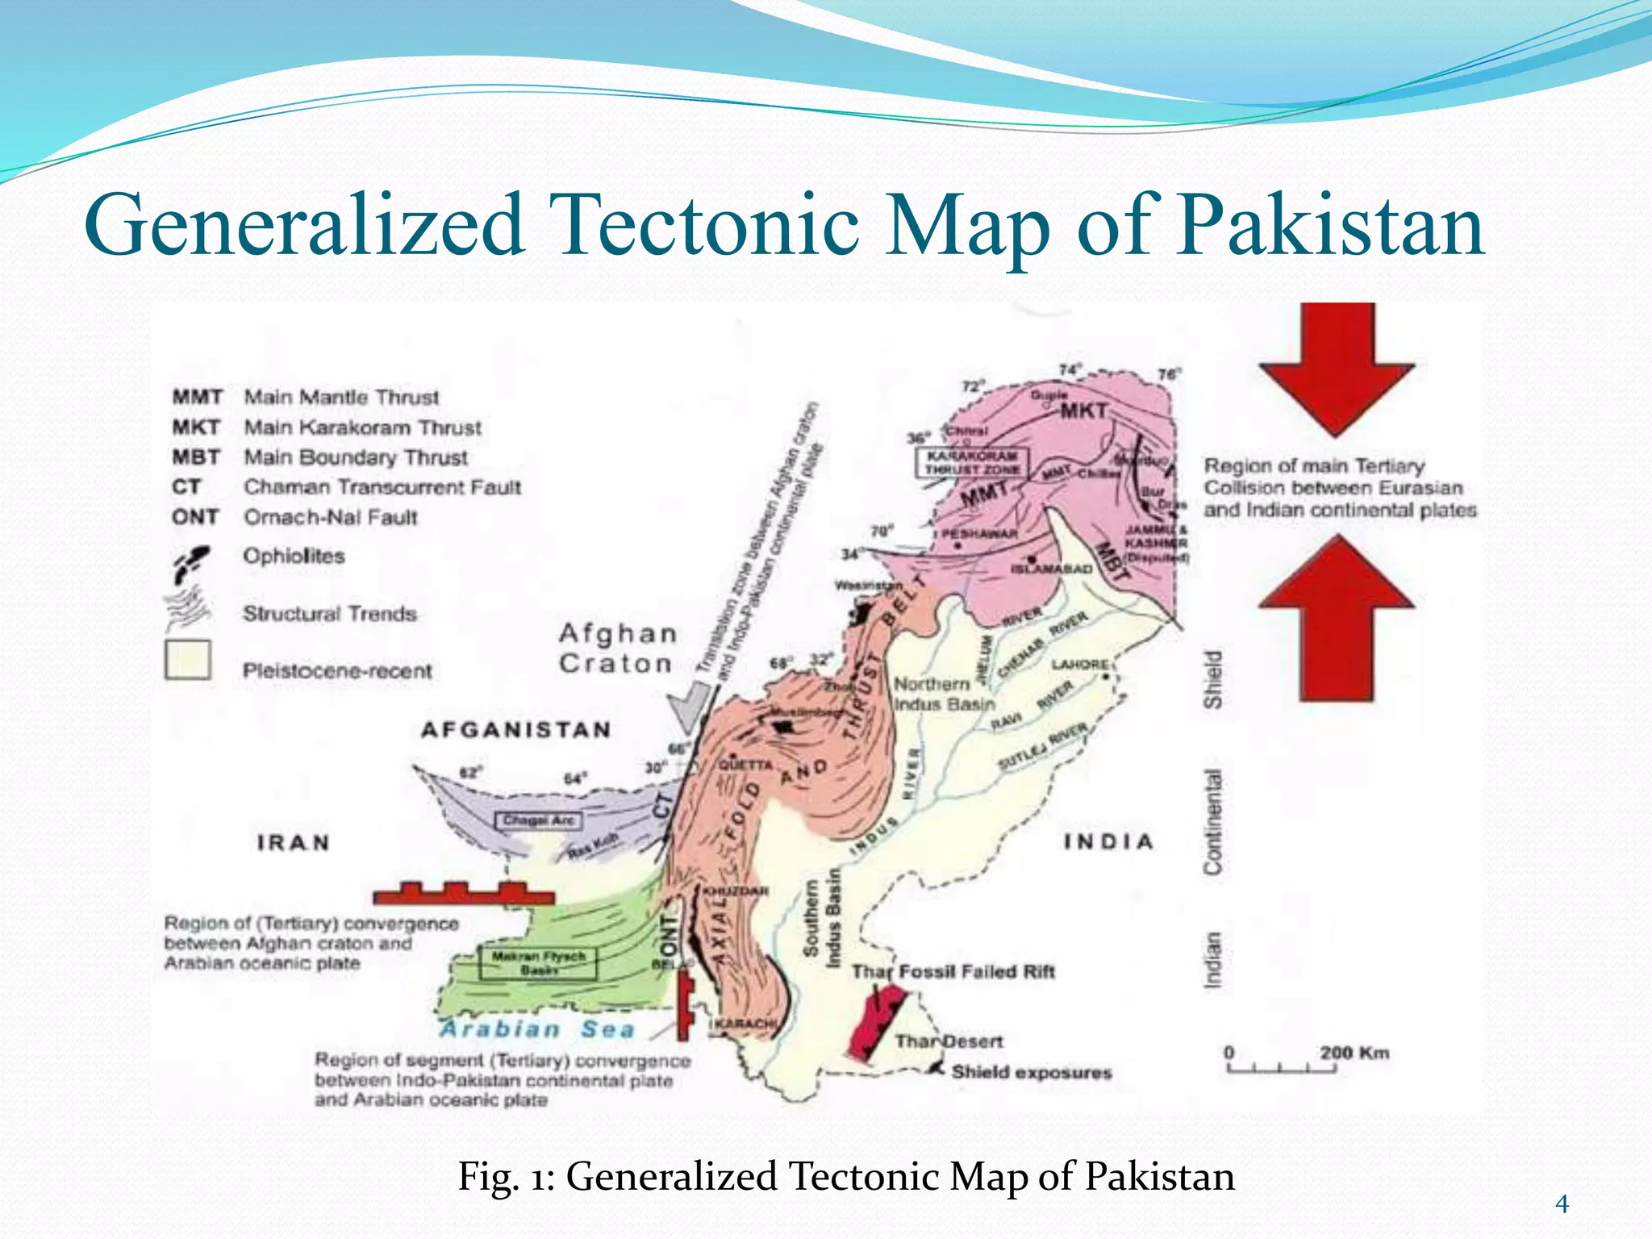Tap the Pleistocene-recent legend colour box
(188, 661)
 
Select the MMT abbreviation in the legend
(197, 397)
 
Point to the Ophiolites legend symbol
(192, 561)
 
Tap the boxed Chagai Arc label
(538, 821)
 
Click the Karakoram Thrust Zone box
(972, 462)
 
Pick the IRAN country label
(294, 843)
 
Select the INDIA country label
(1108, 842)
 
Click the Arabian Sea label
(537, 1029)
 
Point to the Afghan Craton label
(617, 649)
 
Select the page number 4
(1562, 1204)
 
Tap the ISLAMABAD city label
(1051, 569)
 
